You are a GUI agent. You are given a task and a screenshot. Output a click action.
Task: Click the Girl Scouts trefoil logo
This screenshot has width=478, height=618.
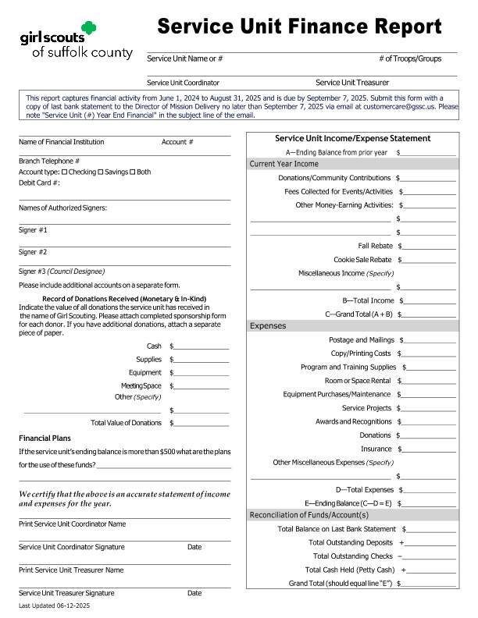point(89,30)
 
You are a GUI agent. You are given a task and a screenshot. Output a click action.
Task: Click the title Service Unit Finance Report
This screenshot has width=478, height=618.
point(299,27)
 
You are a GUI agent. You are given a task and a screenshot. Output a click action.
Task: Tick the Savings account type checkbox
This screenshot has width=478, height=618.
point(101,172)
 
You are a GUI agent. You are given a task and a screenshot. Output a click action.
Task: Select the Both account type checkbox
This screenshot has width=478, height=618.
point(132,172)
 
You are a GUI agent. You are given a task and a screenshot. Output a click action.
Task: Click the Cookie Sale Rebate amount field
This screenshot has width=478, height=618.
point(428,260)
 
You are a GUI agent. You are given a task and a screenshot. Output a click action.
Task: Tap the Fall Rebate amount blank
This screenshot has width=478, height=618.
point(428,247)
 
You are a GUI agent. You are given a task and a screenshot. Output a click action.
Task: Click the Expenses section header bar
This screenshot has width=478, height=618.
point(351,325)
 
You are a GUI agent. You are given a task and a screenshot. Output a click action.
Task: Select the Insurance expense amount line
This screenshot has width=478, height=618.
point(428,449)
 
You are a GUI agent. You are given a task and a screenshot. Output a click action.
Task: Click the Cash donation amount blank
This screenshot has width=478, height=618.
point(201,346)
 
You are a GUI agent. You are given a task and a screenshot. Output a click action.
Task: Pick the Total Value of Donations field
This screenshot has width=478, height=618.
point(201,423)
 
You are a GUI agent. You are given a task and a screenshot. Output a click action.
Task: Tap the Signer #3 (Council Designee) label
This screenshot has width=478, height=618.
point(61,271)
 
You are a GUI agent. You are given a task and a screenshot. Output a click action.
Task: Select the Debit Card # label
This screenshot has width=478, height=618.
point(39,183)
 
